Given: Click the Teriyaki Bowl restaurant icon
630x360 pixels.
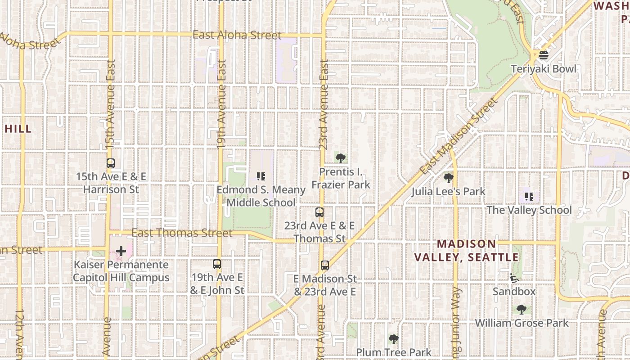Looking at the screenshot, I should tap(544, 55).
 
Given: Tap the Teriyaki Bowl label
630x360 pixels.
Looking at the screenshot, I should tap(544, 69).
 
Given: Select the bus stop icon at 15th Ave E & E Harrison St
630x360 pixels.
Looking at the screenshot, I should tap(111, 163).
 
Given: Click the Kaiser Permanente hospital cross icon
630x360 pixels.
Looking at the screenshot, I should tap(121, 251).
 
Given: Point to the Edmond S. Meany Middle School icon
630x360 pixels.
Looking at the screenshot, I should tap(261, 176).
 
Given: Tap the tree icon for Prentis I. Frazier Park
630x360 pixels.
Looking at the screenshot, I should tap(341, 158).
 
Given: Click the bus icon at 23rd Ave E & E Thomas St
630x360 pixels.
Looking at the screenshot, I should tap(319, 212).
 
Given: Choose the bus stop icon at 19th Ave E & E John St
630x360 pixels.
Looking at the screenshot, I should tap(217, 264).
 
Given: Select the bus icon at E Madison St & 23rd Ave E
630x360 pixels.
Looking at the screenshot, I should tap(325, 265).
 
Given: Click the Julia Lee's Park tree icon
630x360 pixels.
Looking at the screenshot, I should tap(448, 178).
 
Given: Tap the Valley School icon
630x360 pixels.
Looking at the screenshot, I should tap(529, 197).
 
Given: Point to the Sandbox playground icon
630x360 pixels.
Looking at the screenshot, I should tap(514, 278).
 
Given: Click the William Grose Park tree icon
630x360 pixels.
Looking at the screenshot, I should tap(522, 310).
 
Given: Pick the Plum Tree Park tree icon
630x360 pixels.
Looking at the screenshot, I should tap(394, 339).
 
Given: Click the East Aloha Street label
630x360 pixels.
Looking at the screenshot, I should tap(237, 35).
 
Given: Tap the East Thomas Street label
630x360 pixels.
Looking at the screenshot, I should tap(182, 233).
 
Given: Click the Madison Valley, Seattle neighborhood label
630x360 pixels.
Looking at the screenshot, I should tap(466, 251).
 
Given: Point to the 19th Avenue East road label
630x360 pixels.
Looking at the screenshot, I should tap(221, 104).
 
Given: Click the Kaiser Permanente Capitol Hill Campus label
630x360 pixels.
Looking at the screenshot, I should tap(121, 271).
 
